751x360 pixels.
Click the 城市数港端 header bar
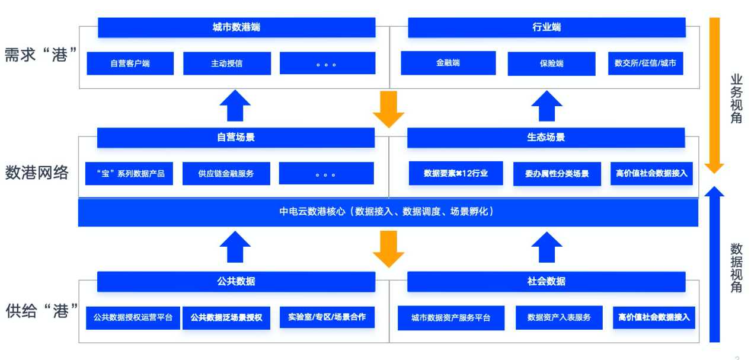click(x=237, y=27)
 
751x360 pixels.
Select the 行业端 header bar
click(x=547, y=27)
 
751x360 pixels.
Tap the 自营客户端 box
click(x=130, y=63)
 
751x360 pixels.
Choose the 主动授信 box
click(x=227, y=63)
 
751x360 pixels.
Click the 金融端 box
click(x=448, y=63)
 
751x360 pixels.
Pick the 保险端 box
click(x=551, y=63)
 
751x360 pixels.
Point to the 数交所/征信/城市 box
click(x=645, y=63)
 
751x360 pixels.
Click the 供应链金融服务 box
click(x=226, y=174)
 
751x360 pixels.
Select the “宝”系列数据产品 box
click(x=129, y=174)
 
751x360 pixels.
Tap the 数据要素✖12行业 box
click(x=456, y=173)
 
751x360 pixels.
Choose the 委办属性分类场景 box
click(x=557, y=174)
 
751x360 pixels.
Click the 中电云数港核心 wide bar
click(x=388, y=212)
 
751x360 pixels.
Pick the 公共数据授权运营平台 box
click(x=133, y=317)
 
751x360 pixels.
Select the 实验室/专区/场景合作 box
click(x=327, y=317)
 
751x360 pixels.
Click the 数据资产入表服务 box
click(x=559, y=317)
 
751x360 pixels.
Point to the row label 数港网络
click(x=37, y=173)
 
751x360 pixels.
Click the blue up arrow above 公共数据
click(x=235, y=246)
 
